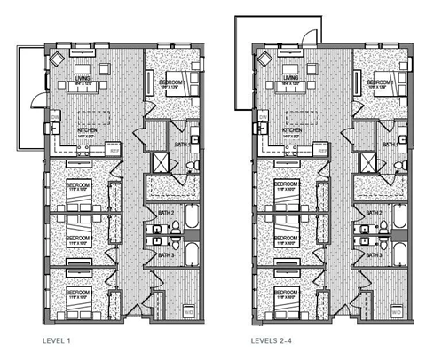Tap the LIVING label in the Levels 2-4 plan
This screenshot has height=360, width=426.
pos(288,78)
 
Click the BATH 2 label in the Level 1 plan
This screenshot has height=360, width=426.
pos(165,214)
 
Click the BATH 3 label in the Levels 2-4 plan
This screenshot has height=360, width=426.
pos(375,255)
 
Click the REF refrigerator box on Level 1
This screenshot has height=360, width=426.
pos(113,150)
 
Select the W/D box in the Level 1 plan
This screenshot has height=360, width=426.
pos(188,312)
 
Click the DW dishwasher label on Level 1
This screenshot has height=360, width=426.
pos(54,116)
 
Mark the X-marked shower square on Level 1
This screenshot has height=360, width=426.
pos(162,162)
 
